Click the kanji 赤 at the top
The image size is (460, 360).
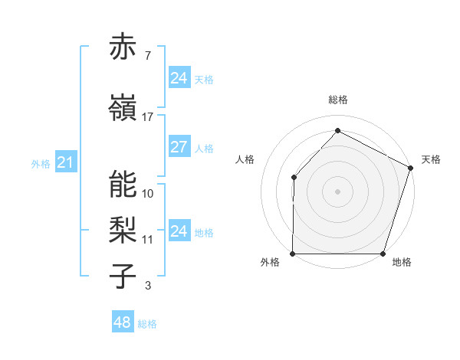click(123, 48)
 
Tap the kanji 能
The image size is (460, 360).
click(123, 184)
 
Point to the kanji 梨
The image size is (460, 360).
click(123, 229)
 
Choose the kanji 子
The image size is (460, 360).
click(123, 276)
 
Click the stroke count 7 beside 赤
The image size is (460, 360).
click(147, 56)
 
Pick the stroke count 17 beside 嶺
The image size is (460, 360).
click(148, 116)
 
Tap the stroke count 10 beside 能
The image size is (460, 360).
click(148, 193)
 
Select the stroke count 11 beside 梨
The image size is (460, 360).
click(148, 239)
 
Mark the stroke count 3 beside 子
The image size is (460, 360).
click(147, 286)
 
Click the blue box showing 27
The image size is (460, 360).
click(179, 148)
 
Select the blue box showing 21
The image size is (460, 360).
click(65, 162)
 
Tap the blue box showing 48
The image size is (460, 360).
click(122, 322)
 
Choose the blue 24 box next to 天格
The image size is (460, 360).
click(179, 78)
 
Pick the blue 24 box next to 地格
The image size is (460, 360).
click(179, 231)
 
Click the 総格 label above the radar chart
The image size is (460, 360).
click(337, 100)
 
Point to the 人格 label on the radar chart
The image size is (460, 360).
click(245, 159)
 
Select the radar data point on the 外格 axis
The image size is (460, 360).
click(293, 254)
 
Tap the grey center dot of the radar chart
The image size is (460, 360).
click(337, 191)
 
